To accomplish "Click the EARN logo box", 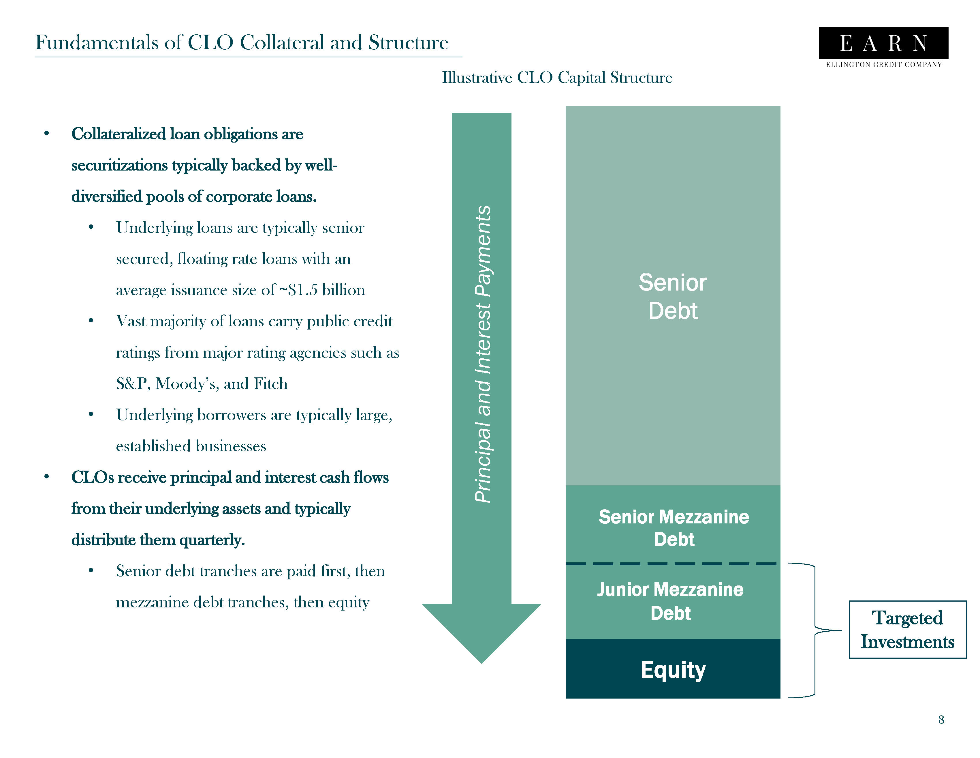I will (x=883, y=43).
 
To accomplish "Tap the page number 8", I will (x=941, y=719).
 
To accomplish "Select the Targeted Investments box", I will (x=907, y=630).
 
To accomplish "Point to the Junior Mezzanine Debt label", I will (x=670, y=601).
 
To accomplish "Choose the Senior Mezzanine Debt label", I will (x=674, y=528).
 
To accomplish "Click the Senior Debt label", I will (x=673, y=296).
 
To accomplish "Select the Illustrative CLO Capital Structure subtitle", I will (x=557, y=78).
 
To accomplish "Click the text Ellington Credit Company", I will (x=883, y=65).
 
